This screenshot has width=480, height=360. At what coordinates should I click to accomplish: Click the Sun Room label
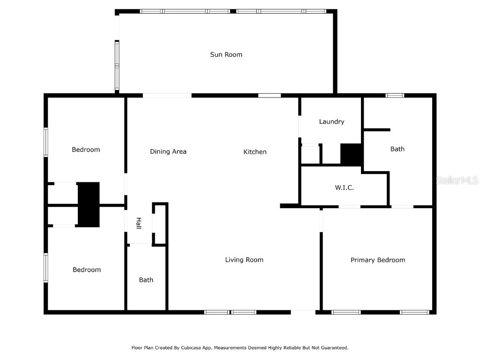click(x=226, y=54)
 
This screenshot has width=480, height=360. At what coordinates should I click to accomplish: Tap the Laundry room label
click(x=331, y=121)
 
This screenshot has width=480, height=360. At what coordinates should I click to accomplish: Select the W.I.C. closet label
click(x=344, y=187)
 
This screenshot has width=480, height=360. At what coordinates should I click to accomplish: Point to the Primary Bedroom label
click(x=378, y=260)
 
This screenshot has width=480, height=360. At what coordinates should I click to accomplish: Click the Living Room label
click(x=244, y=260)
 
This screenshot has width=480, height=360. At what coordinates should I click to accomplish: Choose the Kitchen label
click(x=255, y=151)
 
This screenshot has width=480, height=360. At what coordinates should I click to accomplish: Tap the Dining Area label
click(x=168, y=151)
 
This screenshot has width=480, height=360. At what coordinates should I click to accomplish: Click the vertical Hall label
click(x=139, y=223)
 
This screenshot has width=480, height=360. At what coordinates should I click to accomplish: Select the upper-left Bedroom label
click(x=86, y=150)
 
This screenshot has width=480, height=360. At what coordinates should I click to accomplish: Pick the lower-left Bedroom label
click(x=87, y=270)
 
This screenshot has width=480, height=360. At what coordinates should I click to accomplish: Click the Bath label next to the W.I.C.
click(x=397, y=149)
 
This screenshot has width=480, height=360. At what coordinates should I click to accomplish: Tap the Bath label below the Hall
click(x=146, y=280)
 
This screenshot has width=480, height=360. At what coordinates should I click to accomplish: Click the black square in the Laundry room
click(x=351, y=154)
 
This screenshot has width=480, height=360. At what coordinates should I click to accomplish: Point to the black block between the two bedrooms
click(x=89, y=204)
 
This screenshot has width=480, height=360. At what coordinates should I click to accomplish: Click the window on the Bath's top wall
click(x=395, y=96)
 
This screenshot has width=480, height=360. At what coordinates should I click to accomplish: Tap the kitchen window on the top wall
click(x=270, y=96)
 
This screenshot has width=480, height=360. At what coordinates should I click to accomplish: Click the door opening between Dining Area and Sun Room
click(x=167, y=96)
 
